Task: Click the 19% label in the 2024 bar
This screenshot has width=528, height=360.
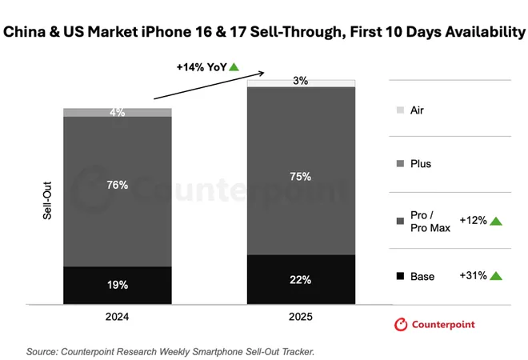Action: [x=118, y=285]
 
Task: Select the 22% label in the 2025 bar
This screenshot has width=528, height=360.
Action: [x=301, y=279]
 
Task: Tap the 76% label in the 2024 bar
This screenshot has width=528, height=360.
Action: [x=118, y=185]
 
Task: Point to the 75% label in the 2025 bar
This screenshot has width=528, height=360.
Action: [x=301, y=176]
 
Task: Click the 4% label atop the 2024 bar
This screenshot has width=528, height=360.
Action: [x=118, y=113]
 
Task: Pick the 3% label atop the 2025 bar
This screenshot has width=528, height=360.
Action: [x=301, y=81]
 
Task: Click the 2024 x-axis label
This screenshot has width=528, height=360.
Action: [x=118, y=317]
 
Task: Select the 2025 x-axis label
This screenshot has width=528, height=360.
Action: [x=301, y=317]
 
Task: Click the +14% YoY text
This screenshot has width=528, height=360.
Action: [x=201, y=67]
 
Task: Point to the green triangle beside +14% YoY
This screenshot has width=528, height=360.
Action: [x=234, y=67]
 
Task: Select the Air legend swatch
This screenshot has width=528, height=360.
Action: [x=399, y=110]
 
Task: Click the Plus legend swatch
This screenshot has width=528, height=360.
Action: [x=399, y=164]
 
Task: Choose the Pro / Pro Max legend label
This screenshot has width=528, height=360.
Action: [x=430, y=221]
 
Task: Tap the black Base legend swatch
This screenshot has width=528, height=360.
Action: [x=399, y=277]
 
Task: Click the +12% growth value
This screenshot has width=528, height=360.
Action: [x=472, y=221]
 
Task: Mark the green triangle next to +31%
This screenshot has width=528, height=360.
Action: [x=496, y=276]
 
